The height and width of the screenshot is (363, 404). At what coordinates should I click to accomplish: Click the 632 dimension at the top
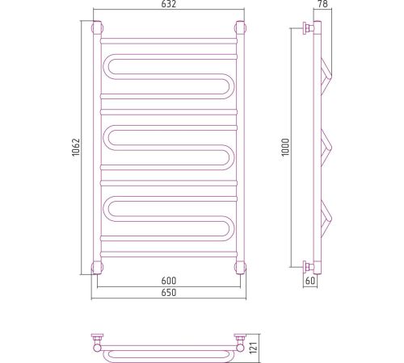[169, 4]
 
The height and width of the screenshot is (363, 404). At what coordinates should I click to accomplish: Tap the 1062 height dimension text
[76, 147]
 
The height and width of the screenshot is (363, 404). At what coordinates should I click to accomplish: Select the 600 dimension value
[169, 281]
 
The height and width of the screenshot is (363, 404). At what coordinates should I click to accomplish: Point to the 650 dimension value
[169, 292]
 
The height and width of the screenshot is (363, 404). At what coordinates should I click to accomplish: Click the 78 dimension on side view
[322, 4]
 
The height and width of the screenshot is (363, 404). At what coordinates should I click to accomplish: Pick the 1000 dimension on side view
[285, 147]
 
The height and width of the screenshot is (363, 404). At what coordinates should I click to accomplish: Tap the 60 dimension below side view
[310, 281]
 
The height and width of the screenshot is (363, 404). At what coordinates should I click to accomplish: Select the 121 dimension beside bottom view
[254, 348]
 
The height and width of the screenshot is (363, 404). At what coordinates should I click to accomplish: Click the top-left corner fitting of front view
[97, 27]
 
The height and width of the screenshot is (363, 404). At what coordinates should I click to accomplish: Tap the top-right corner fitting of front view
[240, 27]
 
